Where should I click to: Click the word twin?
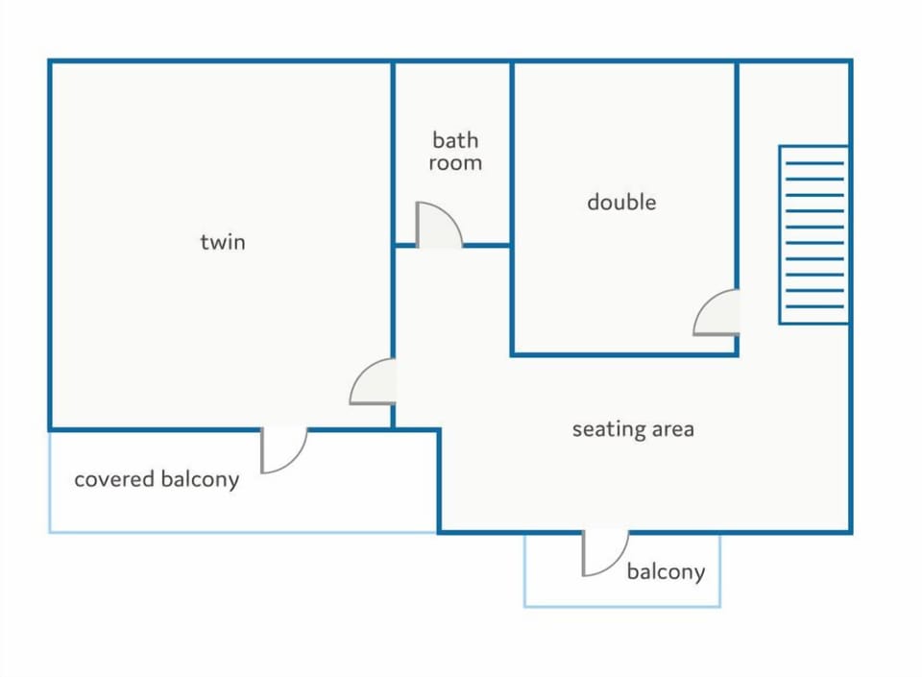click(222, 242)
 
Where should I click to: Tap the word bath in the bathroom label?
click(455, 140)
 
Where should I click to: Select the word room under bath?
click(455, 163)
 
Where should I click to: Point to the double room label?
click(621, 203)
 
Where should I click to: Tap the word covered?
click(114, 479)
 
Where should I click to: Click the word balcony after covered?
click(200, 480)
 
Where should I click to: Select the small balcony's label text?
click(666, 571)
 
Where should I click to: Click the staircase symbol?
click(813, 234)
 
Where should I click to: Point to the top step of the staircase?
click(814, 163)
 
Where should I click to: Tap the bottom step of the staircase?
click(814, 306)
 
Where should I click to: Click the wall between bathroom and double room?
click(512, 208)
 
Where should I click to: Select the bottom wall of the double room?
click(624, 354)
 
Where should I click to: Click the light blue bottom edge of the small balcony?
click(622, 606)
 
